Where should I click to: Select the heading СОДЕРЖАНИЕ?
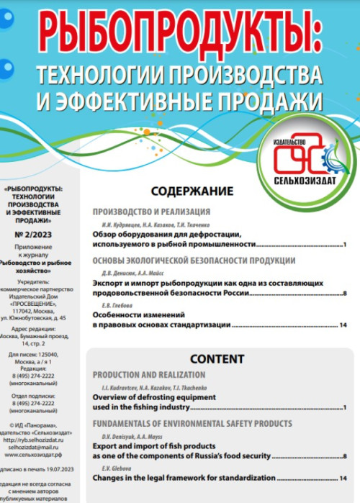191,192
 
